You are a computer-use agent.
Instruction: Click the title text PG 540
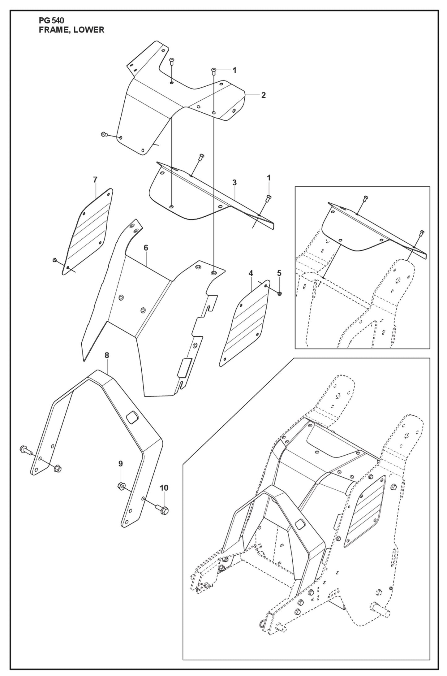51,21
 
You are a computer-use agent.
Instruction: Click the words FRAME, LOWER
71,30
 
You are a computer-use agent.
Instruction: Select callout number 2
263,95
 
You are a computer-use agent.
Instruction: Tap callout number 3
234,183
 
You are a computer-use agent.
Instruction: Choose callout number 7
95,179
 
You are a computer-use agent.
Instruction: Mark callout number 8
107,355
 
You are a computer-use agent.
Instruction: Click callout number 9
121,472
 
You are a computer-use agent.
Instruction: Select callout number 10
164,488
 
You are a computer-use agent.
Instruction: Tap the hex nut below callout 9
121,486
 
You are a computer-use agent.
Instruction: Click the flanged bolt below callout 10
163,510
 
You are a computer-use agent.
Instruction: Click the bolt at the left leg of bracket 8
24,449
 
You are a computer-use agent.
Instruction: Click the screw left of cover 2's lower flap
104,134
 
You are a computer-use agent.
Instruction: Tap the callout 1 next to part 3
269,178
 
